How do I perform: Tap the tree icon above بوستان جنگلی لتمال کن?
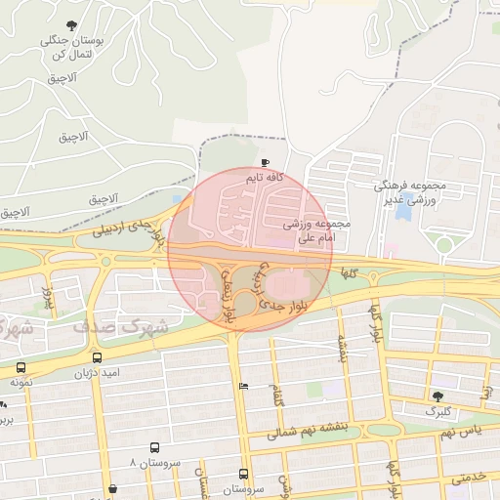click(71, 25)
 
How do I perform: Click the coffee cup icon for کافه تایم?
click(266, 163)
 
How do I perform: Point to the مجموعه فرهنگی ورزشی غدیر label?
click(411, 192)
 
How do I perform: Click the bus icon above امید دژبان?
click(97, 357)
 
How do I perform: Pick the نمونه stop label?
click(21, 382)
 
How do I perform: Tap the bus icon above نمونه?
click(21, 367)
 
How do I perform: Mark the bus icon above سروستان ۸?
click(153, 447)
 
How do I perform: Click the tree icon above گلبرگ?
click(437, 396)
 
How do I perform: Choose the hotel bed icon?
click(243, 386)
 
